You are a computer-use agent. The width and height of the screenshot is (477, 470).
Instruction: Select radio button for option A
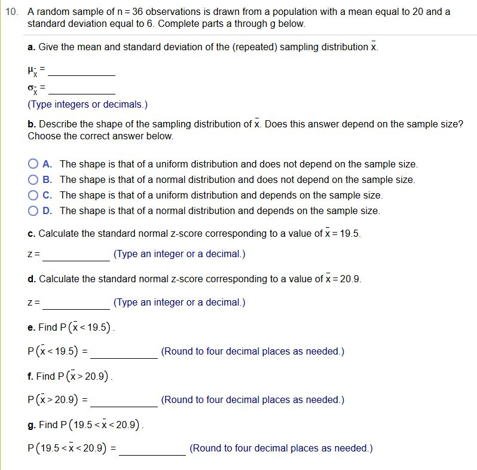(33, 163)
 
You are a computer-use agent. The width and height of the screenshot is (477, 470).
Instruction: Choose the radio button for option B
(33, 179)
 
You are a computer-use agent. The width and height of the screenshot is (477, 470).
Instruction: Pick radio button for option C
(33, 194)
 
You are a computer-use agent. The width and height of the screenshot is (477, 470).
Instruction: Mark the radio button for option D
(33, 210)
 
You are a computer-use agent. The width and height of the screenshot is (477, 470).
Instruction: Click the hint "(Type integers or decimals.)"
(87, 104)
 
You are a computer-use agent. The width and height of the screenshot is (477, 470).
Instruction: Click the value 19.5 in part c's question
(350, 233)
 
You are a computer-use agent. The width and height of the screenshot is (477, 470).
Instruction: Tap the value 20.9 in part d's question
(350, 279)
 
